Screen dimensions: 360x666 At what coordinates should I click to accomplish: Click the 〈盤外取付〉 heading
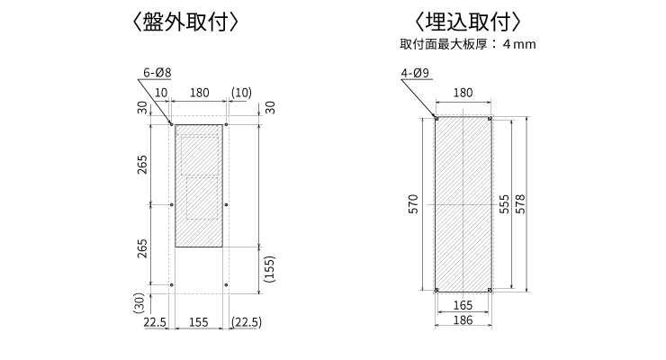(184, 21)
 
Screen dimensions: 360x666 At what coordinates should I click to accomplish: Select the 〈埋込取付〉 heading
(466, 21)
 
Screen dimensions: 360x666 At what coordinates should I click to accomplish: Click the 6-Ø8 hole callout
(157, 73)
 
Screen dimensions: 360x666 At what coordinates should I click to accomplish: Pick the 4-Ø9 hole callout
(414, 73)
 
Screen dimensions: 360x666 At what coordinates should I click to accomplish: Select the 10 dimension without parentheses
(161, 93)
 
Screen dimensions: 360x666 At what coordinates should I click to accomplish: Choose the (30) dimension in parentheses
(139, 304)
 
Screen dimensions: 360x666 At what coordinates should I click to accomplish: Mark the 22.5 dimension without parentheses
(157, 322)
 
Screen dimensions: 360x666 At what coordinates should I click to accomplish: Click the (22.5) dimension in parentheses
(246, 322)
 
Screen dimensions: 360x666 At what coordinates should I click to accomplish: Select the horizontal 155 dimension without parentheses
(200, 322)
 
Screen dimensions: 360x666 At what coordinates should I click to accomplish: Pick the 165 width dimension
(463, 306)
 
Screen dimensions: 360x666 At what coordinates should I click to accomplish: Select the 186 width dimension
(463, 321)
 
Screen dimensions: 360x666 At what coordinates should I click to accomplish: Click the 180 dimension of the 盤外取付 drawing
(199, 93)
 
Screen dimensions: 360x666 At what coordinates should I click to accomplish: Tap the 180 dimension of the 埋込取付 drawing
(463, 93)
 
